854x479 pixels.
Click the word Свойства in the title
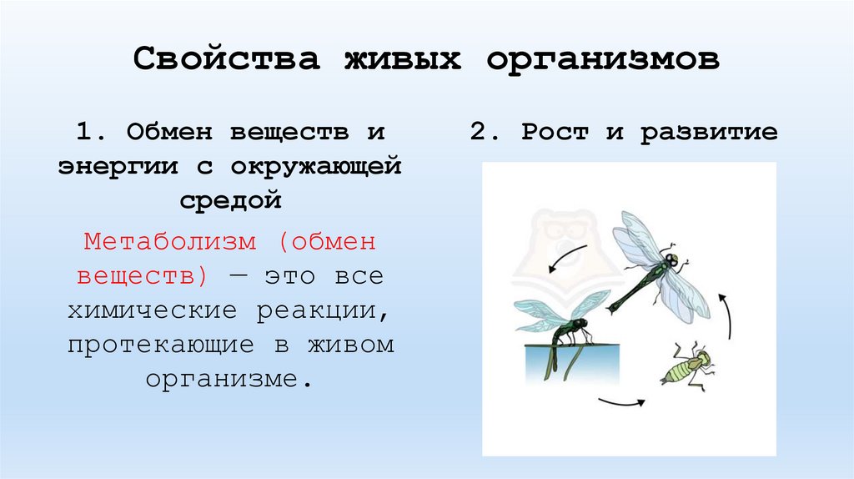click(x=227, y=60)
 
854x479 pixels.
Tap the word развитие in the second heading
click(x=710, y=134)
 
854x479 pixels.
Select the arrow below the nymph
click(x=621, y=403)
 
